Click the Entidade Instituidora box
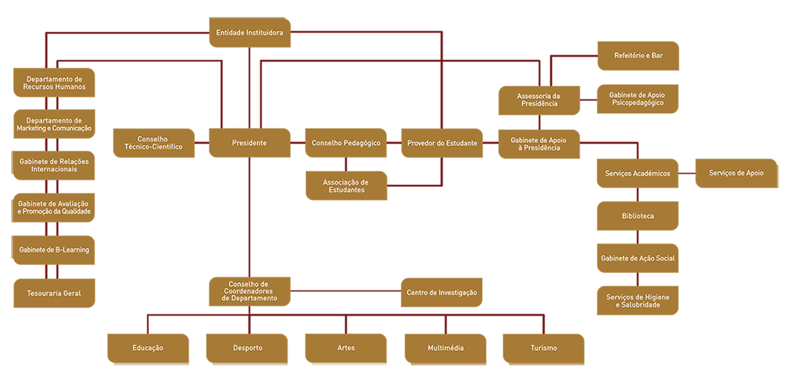pyautogui.click(x=249, y=32)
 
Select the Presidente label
pyautogui.click(x=249, y=143)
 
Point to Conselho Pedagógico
pyautogui.click(x=346, y=143)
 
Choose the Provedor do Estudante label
pyautogui.click(x=442, y=143)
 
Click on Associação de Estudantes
pyautogui.click(x=346, y=186)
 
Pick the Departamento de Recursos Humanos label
pyautogui.click(x=54, y=83)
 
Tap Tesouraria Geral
pyautogui.click(x=54, y=293)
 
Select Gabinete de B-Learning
pyautogui.click(x=54, y=250)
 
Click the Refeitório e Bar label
pyautogui.click(x=638, y=56)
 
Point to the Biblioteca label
pyautogui.click(x=637, y=216)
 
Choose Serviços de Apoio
pyautogui.click(x=736, y=173)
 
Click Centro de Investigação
pyautogui.click(x=442, y=293)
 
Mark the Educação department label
pyautogui.click(x=147, y=348)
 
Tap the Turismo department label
pyautogui.click(x=544, y=348)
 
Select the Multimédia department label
pyautogui.click(x=445, y=348)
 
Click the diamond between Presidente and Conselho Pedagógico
pyautogui.click(x=298, y=142)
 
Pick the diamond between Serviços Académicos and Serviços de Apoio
pyautogui.click(x=687, y=173)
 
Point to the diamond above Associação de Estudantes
pyautogui.click(x=346, y=164)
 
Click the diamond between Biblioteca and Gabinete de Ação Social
pyautogui.click(x=637, y=237)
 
